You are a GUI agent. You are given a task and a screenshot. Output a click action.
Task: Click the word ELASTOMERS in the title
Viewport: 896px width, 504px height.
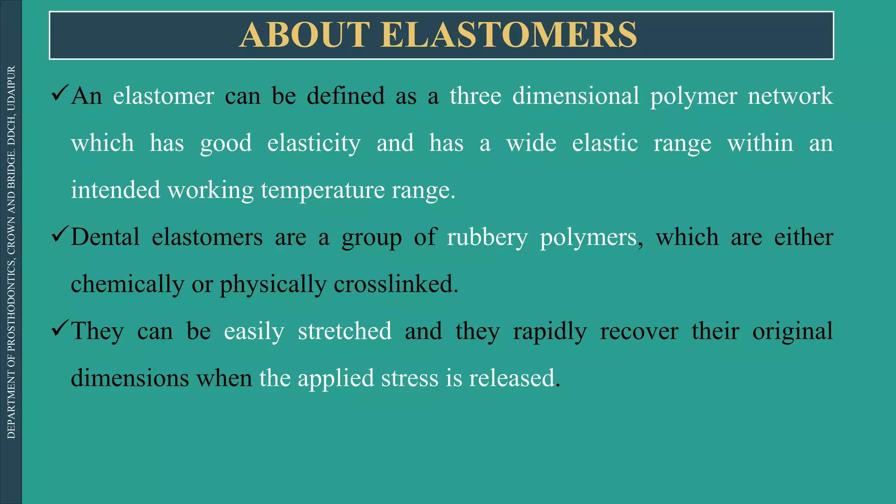508,35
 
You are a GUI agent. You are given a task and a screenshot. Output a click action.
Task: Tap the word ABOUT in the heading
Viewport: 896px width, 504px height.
305,35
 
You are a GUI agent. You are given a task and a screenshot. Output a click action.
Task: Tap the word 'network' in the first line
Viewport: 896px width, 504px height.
790,96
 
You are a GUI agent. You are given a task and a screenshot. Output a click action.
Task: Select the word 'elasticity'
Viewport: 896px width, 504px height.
314,143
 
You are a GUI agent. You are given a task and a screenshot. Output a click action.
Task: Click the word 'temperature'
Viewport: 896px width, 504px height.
322,190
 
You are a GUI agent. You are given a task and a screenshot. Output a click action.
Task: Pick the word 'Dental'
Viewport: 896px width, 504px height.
105,238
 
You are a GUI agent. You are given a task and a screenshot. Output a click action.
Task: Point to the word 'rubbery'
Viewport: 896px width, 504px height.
487,238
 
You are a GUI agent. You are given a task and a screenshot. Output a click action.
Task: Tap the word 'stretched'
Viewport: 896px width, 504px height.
345,331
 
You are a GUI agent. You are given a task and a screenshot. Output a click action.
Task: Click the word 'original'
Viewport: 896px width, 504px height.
792,331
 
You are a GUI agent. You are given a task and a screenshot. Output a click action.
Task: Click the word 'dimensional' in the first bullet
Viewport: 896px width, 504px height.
576,96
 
